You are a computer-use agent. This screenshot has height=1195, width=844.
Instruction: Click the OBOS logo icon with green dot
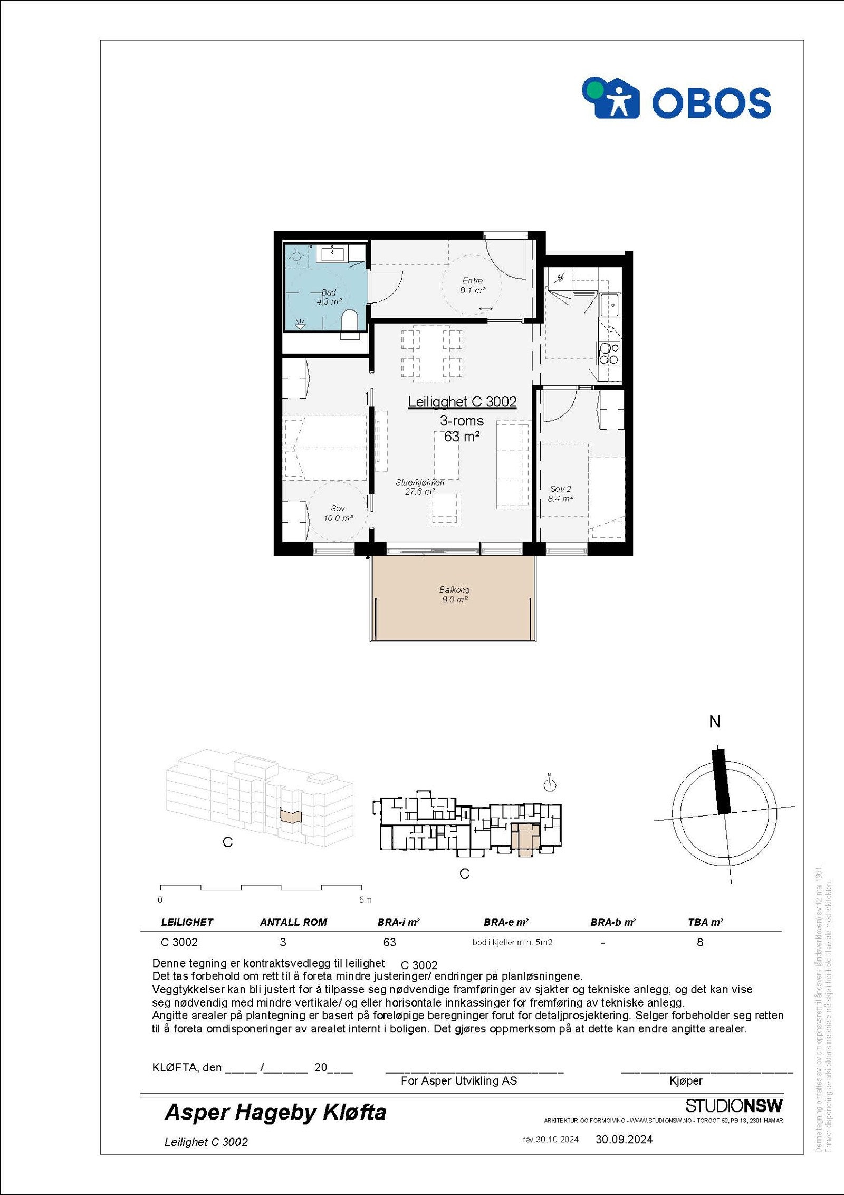coord(610,98)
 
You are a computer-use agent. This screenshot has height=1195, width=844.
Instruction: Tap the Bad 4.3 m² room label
coord(329,297)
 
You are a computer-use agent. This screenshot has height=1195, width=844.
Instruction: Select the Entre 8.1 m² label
coord(473,286)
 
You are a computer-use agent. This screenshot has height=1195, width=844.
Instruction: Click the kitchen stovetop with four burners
coord(609,354)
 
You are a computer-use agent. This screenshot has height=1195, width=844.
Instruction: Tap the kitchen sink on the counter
coord(610,305)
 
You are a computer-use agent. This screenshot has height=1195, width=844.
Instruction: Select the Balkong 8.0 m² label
coord(454,594)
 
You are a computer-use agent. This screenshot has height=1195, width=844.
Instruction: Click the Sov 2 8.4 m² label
coord(560,494)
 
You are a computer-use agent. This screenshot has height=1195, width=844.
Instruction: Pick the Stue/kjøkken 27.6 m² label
coord(420,487)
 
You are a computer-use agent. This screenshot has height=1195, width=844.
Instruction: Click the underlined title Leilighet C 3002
coord(462,402)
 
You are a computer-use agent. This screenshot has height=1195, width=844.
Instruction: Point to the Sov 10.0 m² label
coord(338,513)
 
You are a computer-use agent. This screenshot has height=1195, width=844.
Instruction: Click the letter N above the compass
coord(715,722)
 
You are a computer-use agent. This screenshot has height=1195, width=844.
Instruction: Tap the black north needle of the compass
coord(721,781)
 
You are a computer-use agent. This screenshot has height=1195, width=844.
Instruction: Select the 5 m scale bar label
coord(365,900)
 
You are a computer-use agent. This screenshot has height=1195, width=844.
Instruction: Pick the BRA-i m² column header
coord(398,923)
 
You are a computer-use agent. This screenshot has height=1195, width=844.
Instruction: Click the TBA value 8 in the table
coord(700,942)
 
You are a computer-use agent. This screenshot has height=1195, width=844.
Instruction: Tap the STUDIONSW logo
coord(734,1106)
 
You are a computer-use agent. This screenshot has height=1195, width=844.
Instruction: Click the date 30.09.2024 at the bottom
coord(624,1140)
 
